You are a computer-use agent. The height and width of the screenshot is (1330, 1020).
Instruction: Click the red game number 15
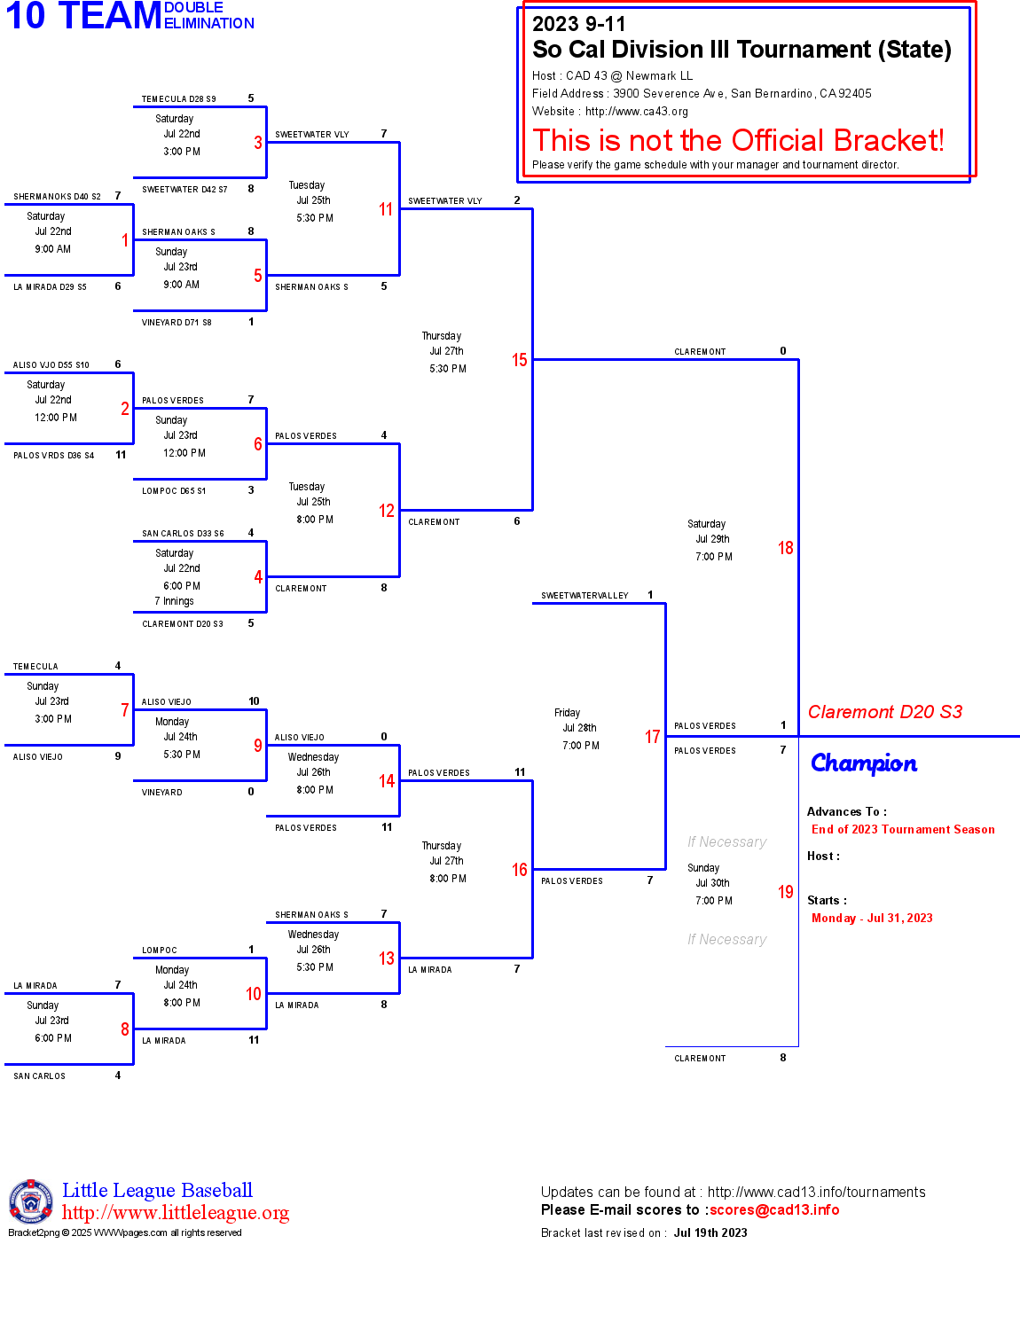tap(519, 360)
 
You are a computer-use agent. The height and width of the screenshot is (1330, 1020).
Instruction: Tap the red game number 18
tap(785, 548)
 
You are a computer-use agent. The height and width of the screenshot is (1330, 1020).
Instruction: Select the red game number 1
tap(125, 240)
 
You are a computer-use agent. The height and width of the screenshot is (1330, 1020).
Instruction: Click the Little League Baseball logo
tap(31, 1201)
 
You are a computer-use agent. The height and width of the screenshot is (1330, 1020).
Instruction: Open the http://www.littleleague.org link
tap(176, 1213)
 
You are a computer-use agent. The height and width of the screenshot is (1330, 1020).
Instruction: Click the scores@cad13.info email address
tap(774, 1210)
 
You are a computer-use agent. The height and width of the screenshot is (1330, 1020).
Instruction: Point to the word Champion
tap(864, 763)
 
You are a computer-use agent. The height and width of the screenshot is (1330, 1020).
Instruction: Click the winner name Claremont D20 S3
tap(884, 712)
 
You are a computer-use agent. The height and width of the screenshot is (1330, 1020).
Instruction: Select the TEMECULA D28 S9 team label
tap(178, 99)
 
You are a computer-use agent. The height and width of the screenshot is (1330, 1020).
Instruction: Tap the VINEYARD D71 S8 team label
tap(177, 323)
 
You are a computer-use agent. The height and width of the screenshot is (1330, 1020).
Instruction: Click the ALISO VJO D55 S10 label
tap(51, 365)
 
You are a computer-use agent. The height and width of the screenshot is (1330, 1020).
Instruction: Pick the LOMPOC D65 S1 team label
tap(174, 491)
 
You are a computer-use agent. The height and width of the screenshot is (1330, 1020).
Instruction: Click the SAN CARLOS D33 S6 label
tap(183, 534)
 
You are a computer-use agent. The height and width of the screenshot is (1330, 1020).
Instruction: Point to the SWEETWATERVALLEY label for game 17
tap(585, 596)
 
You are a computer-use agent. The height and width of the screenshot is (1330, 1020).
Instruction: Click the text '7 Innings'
tap(174, 601)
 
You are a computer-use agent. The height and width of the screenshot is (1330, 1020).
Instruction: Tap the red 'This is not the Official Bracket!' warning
tap(738, 140)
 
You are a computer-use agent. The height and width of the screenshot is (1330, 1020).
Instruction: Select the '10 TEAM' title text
tap(83, 16)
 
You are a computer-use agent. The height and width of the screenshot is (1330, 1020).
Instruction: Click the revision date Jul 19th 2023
tap(710, 1233)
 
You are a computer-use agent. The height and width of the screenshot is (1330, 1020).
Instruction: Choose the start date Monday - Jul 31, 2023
tap(872, 919)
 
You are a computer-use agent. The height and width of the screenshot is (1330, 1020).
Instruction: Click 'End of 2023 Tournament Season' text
tap(903, 830)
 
